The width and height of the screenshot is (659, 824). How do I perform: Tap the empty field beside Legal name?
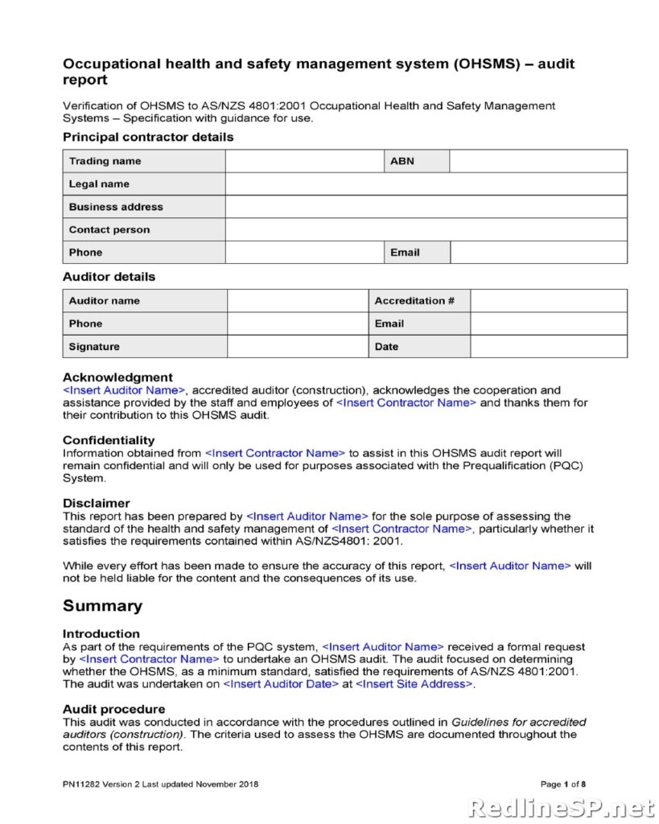coord(426,184)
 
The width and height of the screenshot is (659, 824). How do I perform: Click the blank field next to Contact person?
coord(426,229)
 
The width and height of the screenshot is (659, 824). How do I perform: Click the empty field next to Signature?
coord(297,347)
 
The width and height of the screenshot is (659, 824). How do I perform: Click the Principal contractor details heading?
coord(148,138)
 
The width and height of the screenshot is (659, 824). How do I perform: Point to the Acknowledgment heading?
coord(117,377)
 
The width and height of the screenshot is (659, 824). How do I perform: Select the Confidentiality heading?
coord(109,440)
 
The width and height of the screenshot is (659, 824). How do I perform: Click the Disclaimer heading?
coord(96,503)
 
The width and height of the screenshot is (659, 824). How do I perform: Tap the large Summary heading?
coord(102,606)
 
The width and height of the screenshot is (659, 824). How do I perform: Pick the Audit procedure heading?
coord(113,709)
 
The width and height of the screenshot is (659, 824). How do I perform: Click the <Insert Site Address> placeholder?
coord(414,684)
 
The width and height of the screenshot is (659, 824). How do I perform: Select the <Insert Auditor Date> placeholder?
coord(280,684)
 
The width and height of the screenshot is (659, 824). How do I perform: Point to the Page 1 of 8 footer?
coord(562,785)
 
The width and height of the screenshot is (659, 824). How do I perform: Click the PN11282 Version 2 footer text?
coord(161,785)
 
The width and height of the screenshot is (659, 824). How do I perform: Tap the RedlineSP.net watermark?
coord(560,807)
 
